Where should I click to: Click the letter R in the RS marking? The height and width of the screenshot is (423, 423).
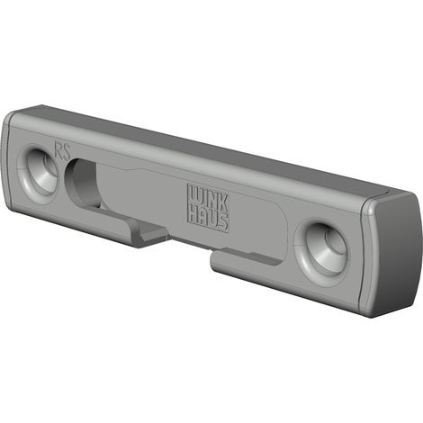(x=58, y=149)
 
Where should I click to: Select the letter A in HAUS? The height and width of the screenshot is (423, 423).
(x=203, y=216)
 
